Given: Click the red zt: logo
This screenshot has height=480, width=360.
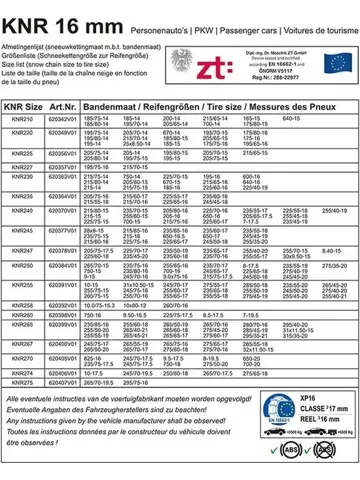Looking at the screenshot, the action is pyautogui.click(x=222, y=60).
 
